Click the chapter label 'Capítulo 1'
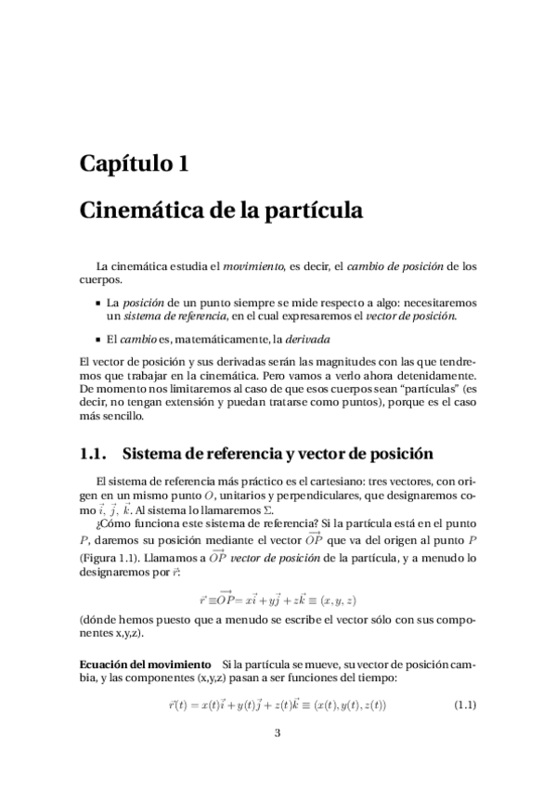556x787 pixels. (135, 164)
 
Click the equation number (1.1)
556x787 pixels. (464, 705)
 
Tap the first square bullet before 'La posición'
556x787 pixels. (97, 303)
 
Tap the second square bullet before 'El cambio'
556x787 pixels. (97, 339)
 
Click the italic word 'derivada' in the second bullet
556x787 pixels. (306, 339)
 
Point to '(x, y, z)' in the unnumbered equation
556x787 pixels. (340, 600)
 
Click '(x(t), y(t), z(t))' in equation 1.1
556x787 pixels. (344, 705)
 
